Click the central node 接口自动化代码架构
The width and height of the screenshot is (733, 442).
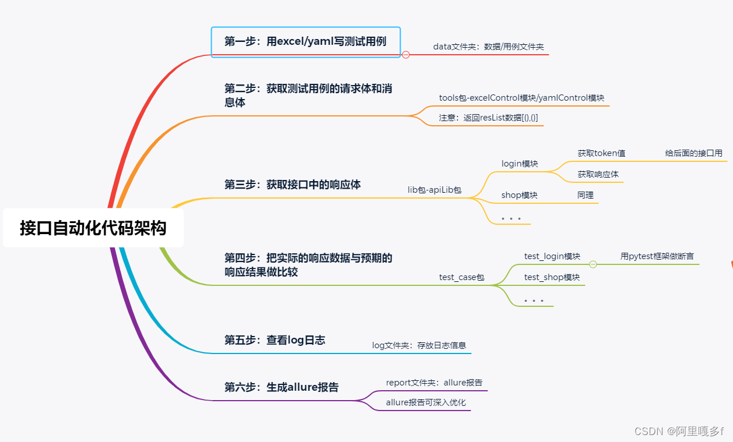click(x=93, y=228)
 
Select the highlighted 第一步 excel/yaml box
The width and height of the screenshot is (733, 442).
click(x=306, y=41)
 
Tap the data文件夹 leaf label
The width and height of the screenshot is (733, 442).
click(x=488, y=47)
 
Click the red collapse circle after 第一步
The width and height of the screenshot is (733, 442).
click(x=406, y=55)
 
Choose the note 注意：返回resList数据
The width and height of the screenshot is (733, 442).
click(x=488, y=117)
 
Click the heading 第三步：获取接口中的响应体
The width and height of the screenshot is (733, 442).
click(x=292, y=185)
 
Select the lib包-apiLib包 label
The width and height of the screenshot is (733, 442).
click(x=434, y=190)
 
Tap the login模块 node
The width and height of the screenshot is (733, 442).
click(x=520, y=164)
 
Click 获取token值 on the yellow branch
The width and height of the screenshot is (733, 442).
click(x=601, y=153)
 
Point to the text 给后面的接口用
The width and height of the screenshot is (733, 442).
click(x=693, y=153)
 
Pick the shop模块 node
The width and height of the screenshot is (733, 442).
click(x=519, y=195)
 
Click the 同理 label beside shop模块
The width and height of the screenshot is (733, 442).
click(x=585, y=195)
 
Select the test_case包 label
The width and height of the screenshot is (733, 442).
click(x=462, y=277)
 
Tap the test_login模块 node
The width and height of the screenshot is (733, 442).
click(x=552, y=256)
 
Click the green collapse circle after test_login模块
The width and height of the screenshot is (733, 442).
click(x=593, y=264)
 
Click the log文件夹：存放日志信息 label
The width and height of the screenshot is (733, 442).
click(x=419, y=345)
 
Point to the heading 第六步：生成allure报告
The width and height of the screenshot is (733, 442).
click(x=281, y=387)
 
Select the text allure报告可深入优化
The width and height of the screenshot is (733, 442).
click(x=426, y=402)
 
